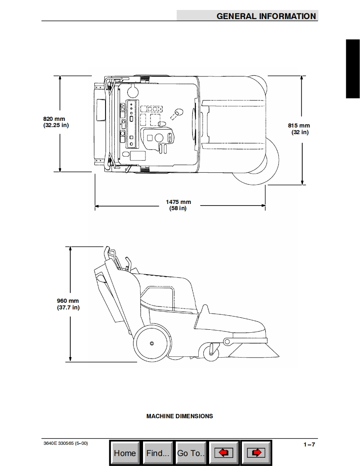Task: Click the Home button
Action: tap(125, 453)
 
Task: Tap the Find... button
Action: tap(158, 453)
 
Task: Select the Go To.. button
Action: tap(191, 453)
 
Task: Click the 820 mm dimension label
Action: tap(54, 119)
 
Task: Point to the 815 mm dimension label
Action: tap(299, 126)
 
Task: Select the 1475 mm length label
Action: tap(178, 202)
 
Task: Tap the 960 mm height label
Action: tap(68, 301)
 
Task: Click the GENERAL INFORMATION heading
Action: tap(266, 16)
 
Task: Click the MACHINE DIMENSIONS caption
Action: tap(180, 416)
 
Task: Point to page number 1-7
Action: tap(309, 444)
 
